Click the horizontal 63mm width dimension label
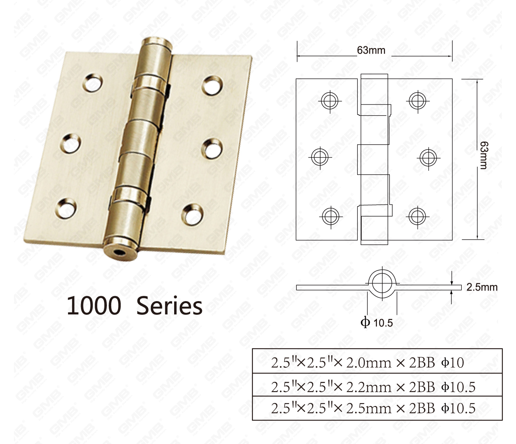(371, 50)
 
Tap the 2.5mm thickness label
(482, 287)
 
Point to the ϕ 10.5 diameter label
(377, 323)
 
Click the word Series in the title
(169, 306)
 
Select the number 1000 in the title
(94, 306)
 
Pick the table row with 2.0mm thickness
(377, 362)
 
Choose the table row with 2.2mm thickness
(377, 386)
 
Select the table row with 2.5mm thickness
(377, 408)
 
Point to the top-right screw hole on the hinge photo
(212, 85)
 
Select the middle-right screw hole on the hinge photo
(212, 148)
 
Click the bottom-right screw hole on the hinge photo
(192, 214)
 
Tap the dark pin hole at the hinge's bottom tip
(119, 253)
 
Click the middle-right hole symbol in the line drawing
(428, 157)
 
